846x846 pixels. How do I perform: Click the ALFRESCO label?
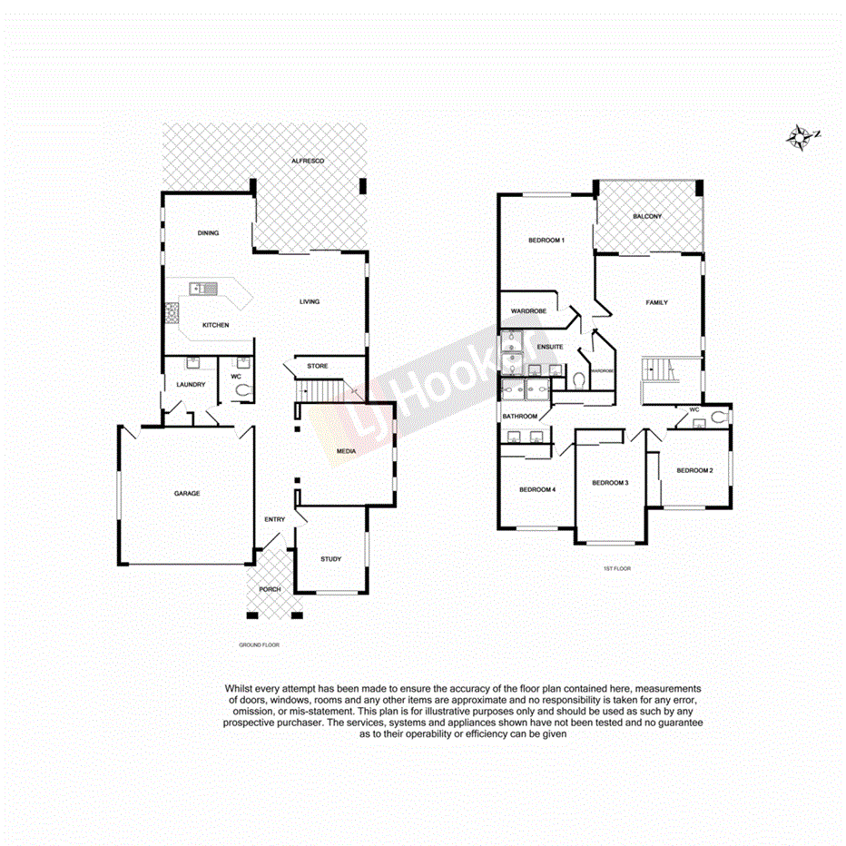point(308,161)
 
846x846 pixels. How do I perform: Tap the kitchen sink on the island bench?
point(203,289)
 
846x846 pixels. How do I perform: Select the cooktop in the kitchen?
point(171,314)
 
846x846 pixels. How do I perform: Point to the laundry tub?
point(192,364)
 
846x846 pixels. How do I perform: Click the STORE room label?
point(317,366)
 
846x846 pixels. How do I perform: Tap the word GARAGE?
point(187,494)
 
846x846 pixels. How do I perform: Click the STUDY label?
point(331,559)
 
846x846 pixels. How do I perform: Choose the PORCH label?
point(270,589)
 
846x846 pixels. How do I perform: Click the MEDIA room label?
point(346,451)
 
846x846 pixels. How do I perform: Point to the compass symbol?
point(802,137)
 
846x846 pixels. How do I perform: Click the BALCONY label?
point(647,216)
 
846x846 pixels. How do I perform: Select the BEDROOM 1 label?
point(546,241)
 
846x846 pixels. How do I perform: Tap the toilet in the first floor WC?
point(720,418)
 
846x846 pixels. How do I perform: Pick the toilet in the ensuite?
point(578,379)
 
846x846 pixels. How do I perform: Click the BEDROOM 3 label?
point(610,483)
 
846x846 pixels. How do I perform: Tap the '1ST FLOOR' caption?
point(616,568)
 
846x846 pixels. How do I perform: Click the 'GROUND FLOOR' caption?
point(259,644)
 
